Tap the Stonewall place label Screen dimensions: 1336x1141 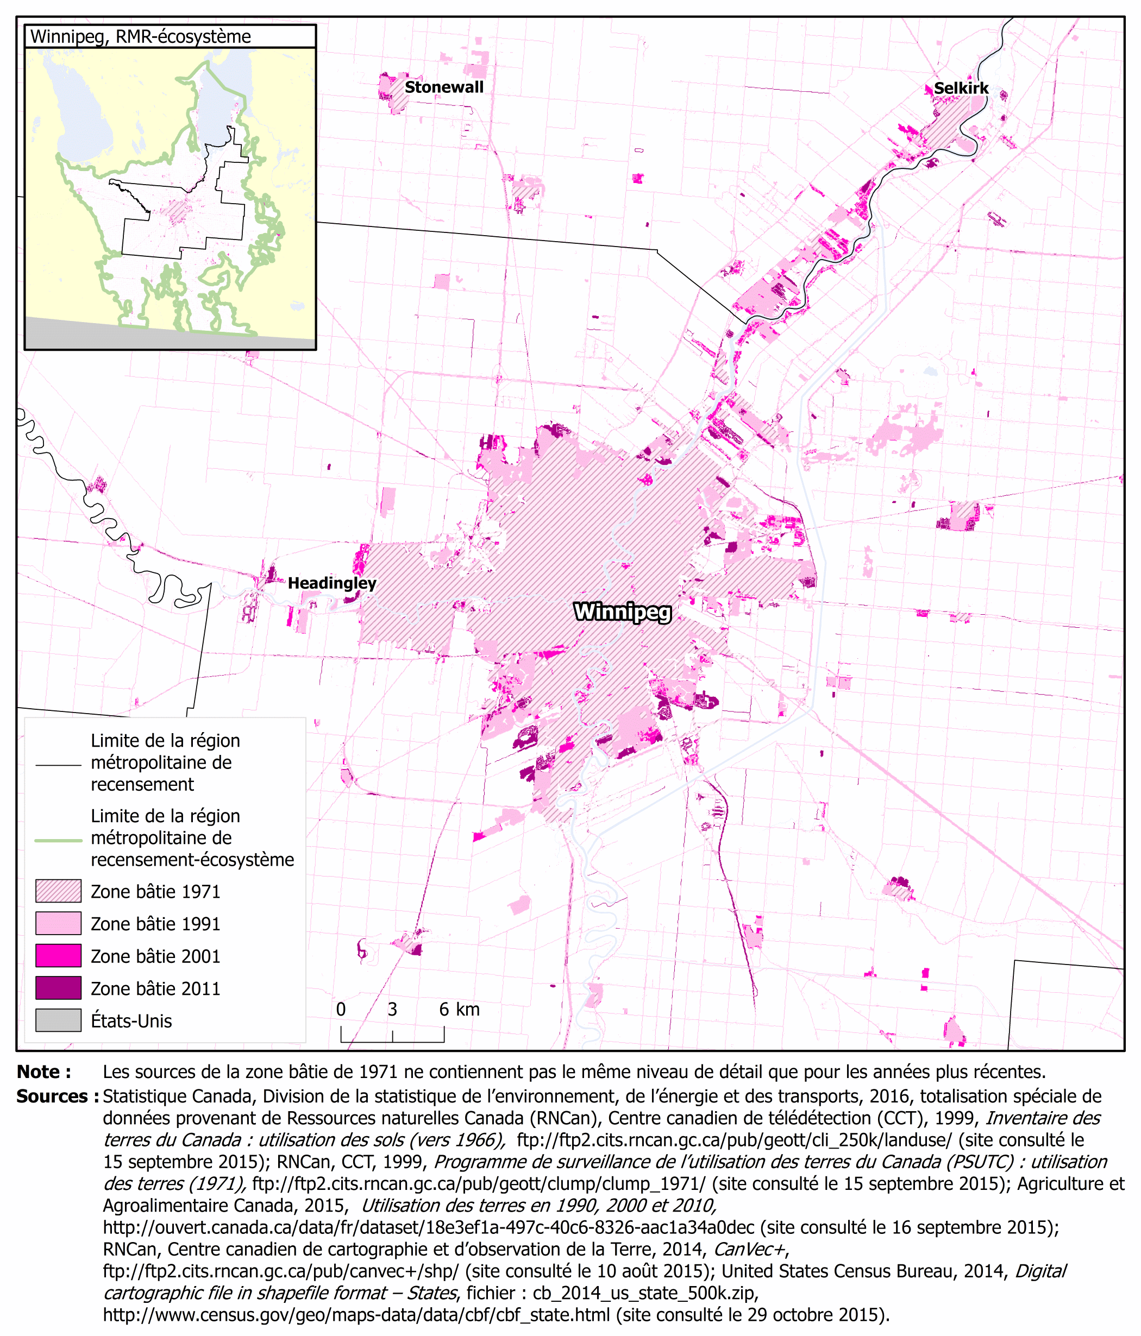[444, 87]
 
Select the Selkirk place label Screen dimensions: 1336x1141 [961, 89]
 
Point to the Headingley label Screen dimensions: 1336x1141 [331, 583]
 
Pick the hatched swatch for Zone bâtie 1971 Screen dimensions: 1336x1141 [58, 891]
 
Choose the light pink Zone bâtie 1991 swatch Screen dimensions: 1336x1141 [58, 923]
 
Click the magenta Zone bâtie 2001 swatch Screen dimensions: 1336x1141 [58, 956]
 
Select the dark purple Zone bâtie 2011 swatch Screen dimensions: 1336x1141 [58, 988]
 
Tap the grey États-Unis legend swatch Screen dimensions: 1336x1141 [58, 1020]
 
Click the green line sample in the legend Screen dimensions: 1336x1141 [58, 841]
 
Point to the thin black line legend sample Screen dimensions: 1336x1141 [58, 765]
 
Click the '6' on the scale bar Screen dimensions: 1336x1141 [444, 1009]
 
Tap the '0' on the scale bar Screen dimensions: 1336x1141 [341, 1009]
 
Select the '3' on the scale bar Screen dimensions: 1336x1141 [392, 1009]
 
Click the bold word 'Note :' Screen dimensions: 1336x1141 [44, 1072]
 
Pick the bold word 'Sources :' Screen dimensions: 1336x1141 [57, 1096]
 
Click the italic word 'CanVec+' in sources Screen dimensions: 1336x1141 [749, 1249]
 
